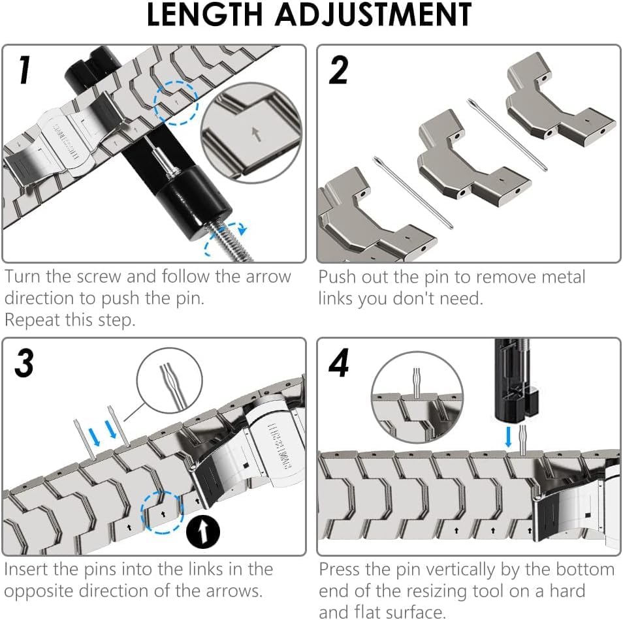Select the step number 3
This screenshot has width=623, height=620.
(x=24, y=364)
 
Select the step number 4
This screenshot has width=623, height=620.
(x=339, y=364)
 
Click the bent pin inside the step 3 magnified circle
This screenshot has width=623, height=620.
(x=167, y=379)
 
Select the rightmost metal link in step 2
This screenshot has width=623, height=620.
(x=558, y=104)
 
